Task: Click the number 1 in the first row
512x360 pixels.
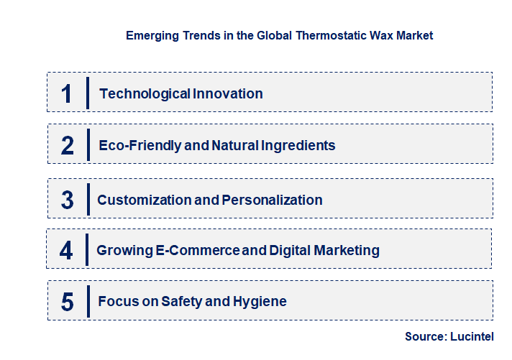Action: [x=66, y=93]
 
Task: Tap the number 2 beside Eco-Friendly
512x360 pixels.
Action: [x=68, y=146]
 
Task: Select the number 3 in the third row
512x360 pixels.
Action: [x=67, y=200]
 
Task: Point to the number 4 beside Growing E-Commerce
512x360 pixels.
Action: [x=66, y=251]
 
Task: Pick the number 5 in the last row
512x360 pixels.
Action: [x=67, y=302]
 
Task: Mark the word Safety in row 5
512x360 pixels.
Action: [x=180, y=302]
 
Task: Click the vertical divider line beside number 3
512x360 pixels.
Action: [x=88, y=199]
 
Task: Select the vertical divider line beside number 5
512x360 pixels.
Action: [x=88, y=300]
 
